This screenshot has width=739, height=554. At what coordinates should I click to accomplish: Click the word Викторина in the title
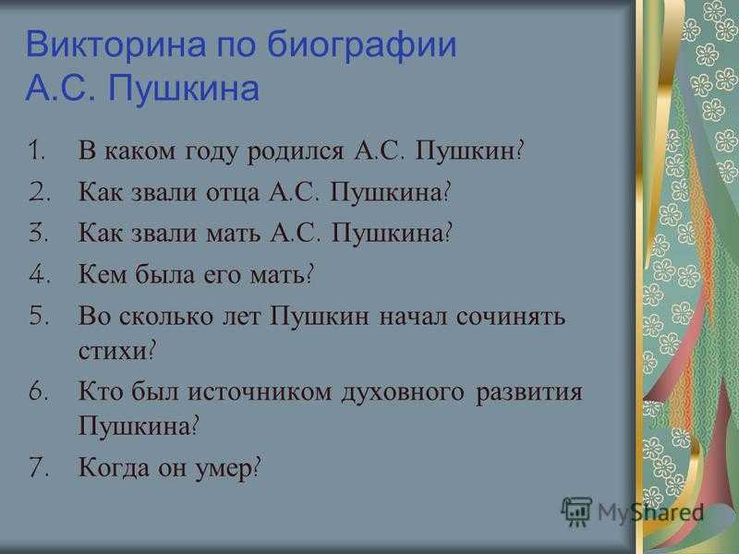coord(116,44)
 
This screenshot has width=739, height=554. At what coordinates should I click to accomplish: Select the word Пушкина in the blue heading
coord(184,88)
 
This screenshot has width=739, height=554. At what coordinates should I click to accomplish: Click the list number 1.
coord(36,151)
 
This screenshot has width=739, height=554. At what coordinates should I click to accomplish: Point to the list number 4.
coord(39,274)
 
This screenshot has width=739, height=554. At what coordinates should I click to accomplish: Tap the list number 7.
coord(39,467)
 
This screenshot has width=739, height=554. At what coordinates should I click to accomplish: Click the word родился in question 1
coord(296,152)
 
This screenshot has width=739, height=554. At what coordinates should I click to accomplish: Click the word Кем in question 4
coord(103,274)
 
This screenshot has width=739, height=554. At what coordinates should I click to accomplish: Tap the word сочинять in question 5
coord(511,316)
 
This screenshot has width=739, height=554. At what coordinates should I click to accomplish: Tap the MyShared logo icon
coord(576,511)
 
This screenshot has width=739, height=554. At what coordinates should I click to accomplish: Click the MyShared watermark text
coord(651,512)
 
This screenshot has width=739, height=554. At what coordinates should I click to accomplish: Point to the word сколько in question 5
coord(166,316)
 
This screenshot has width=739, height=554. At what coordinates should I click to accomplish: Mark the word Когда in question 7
coord(114,468)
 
